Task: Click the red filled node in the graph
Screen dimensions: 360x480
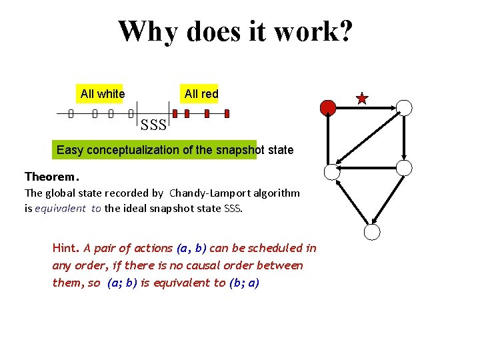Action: pyautogui.click(x=328, y=107)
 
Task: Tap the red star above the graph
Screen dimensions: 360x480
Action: pyautogui.click(x=362, y=99)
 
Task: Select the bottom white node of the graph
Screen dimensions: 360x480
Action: pyautogui.click(x=372, y=232)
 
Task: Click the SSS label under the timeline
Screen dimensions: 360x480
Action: pyautogui.click(x=153, y=124)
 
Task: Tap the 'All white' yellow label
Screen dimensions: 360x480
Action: pyautogui.click(x=102, y=94)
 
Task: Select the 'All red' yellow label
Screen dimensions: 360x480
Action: pyautogui.click(x=201, y=94)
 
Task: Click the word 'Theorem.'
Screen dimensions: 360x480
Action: pyautogui.click(x=52, y=177)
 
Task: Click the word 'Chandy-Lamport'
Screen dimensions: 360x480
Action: pyautogui.click(x=201, y=193)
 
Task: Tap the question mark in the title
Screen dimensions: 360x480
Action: pyautogui.click(x=344, y=31)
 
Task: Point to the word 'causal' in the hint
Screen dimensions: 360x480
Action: pyautogui.click(x=195, y=265)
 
